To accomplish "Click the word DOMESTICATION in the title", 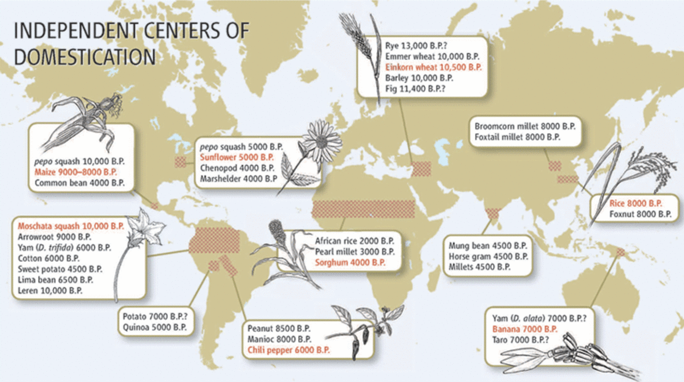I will click(x=85, y=57).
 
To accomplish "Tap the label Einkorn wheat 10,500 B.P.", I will click(x=433, y=67).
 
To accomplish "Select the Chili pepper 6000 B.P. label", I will click(x=288, y=350).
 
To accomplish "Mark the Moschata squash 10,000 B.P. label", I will click(x=71, y=225).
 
